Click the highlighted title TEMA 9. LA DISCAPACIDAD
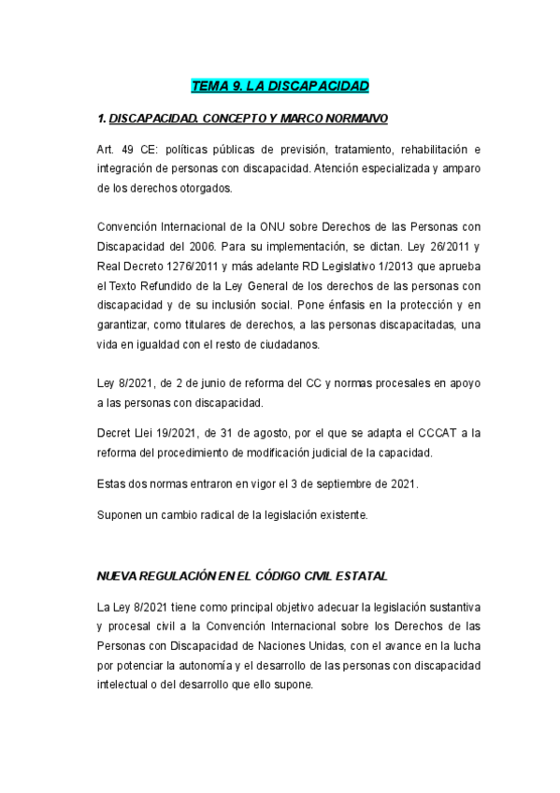click(280, 87)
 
